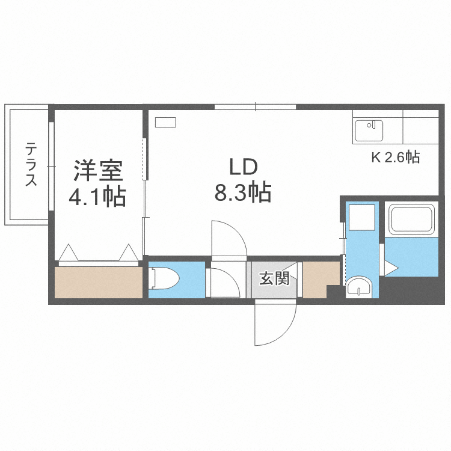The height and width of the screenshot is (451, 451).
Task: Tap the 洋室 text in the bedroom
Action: (x=99, y=171)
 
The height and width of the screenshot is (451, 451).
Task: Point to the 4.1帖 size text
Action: (x=99, y=197)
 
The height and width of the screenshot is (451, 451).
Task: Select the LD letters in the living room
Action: (x=242, y=167)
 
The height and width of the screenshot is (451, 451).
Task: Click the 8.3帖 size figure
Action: (x=242, y=192)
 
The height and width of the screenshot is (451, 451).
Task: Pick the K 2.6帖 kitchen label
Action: (x=394, y=158)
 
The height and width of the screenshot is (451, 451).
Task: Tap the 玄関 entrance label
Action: (x=274, y=278)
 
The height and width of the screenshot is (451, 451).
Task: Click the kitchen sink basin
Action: (x=368, y=130)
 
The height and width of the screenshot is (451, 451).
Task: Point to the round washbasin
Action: (x=360, y=287)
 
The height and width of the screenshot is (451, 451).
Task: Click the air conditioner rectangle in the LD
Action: (x=165, y=123)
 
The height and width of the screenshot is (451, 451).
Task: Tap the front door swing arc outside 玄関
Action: (x=275, y=324)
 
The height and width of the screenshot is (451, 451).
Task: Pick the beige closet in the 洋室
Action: (x=99, y=281)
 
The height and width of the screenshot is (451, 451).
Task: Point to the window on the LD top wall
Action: (x=256, y=108)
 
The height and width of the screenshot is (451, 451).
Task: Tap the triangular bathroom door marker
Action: (x=390, y=268)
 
